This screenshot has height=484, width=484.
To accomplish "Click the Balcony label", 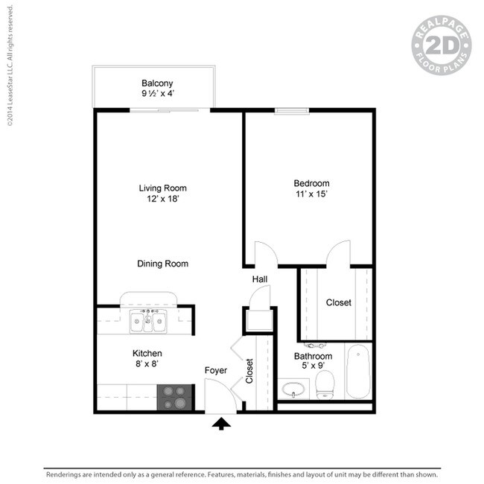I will tap(157, 83).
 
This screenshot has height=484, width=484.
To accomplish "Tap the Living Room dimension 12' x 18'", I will tap(162, 200).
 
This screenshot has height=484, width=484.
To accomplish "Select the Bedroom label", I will tap(311, 183).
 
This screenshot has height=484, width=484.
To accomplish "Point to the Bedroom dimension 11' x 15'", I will tap(311, 194).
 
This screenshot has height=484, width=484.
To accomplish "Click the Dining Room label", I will tap(162, 264).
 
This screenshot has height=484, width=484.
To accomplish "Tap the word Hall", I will tap(259, 279).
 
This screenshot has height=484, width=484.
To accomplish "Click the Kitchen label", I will tap(147, 353).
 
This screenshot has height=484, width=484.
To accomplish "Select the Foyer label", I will tap(216, 370).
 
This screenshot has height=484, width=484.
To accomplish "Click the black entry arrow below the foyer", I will tap(222, 424).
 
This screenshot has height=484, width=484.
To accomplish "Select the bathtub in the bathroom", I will tap(359, 371).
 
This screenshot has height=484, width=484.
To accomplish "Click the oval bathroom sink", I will tap(296, 389).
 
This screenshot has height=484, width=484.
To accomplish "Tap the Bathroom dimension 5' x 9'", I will tap(313, 366).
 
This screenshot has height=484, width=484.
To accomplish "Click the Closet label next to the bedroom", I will tap(339, 303).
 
